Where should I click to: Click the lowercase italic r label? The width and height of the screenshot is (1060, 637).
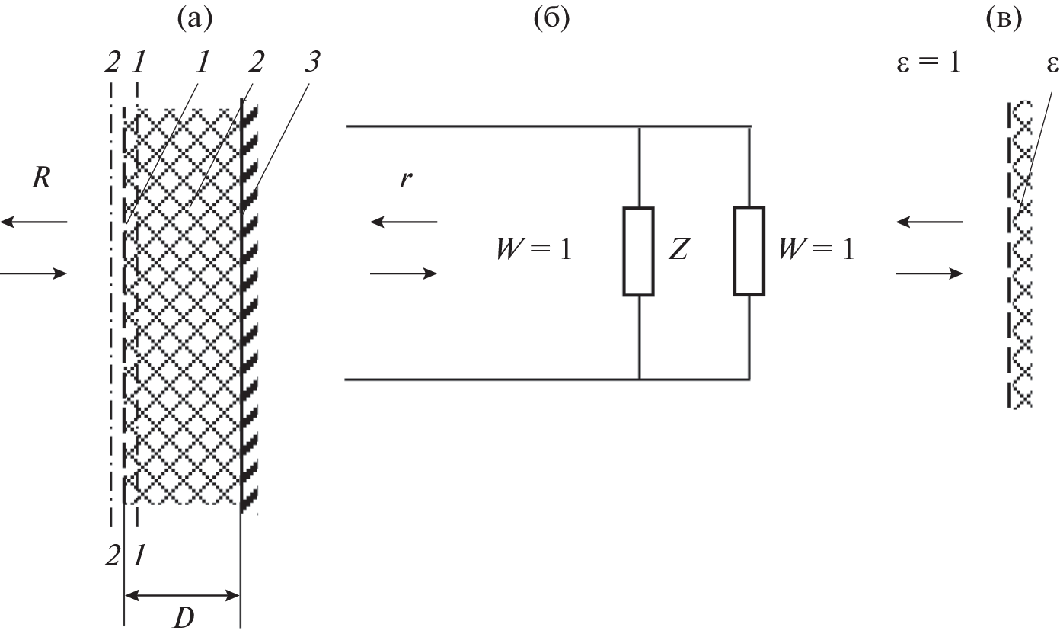404,183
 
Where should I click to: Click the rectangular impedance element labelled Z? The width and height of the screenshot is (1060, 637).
638,251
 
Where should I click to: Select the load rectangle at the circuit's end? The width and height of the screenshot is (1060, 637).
749,250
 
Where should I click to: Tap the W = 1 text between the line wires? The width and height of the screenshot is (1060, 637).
532,250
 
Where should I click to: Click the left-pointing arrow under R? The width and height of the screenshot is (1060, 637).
34,222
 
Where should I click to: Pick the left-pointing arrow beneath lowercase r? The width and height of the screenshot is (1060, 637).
404,222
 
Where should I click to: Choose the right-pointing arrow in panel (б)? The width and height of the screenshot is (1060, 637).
404,273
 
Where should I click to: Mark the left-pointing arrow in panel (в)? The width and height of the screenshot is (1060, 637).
929,222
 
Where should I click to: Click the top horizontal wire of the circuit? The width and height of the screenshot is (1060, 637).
548,126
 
